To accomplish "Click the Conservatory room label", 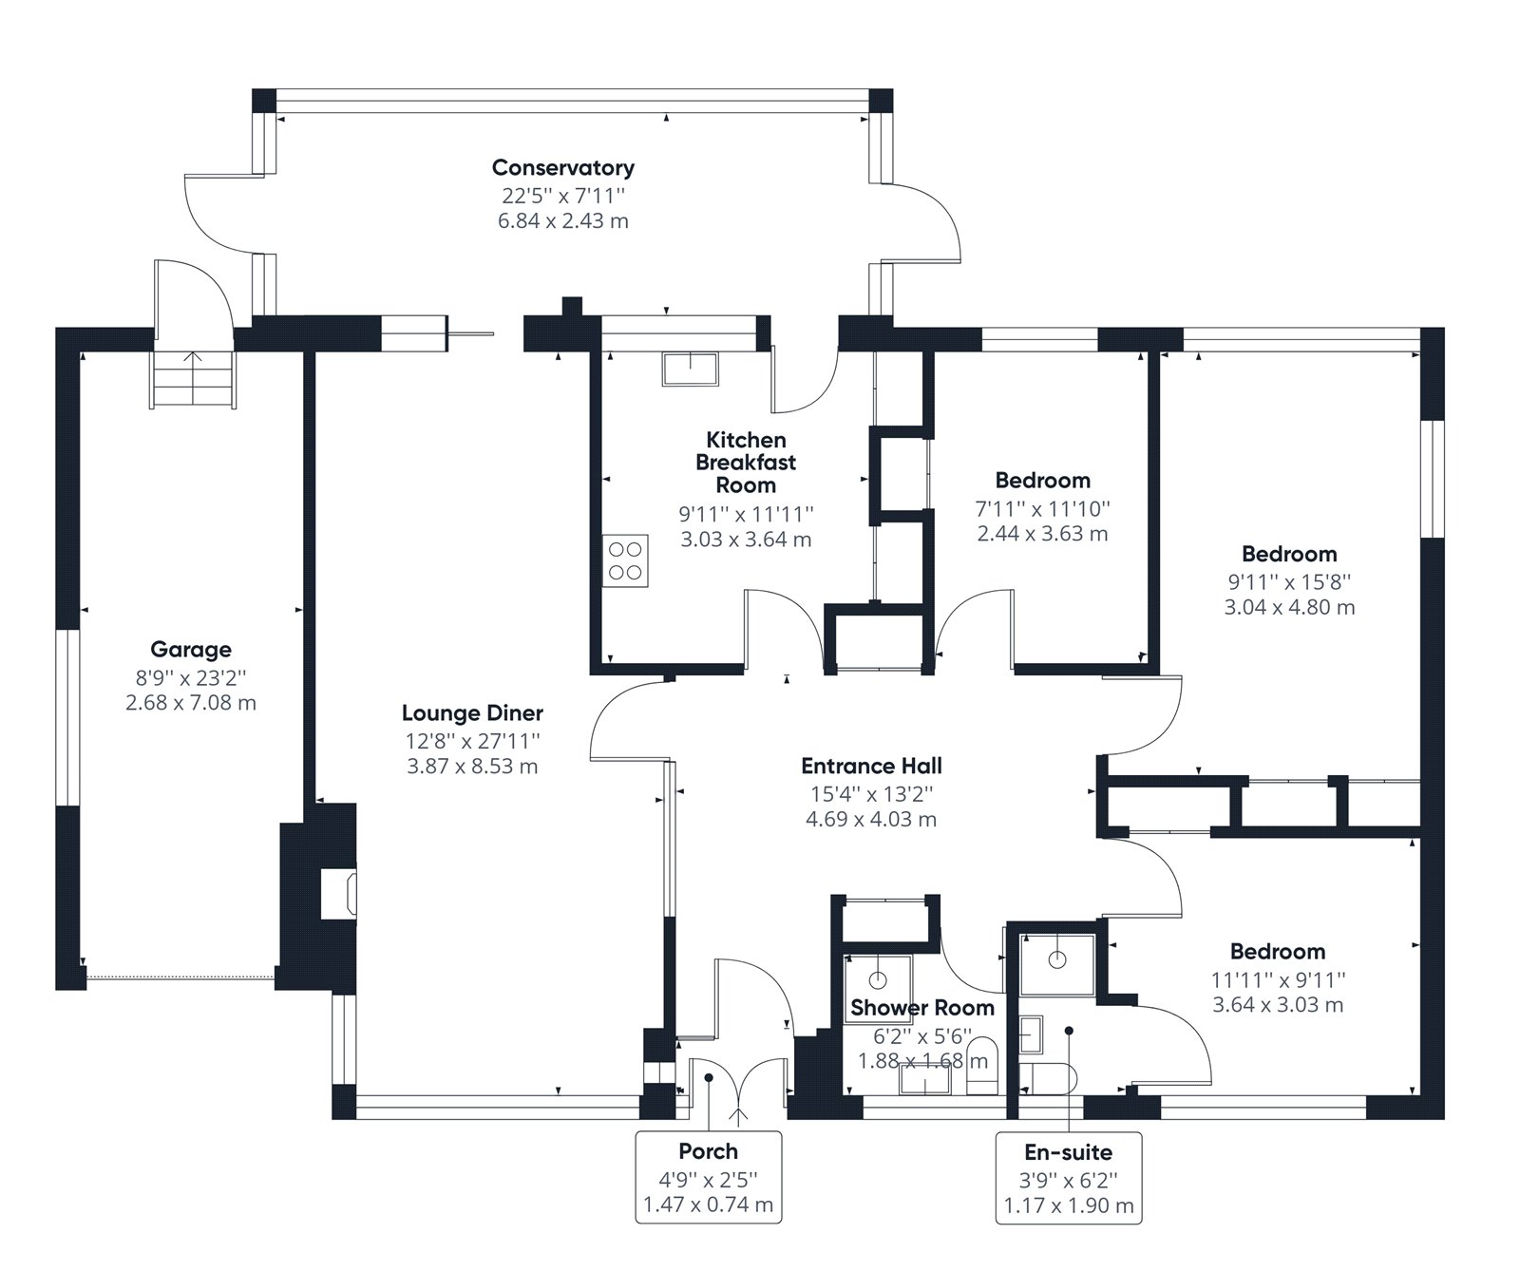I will click(562, 168).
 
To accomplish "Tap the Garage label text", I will click(190, 650).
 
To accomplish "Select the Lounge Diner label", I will click(472, 713).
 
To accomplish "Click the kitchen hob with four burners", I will click(626, 560).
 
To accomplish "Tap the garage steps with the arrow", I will click(193, 379).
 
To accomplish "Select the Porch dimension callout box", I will click(708, 1178).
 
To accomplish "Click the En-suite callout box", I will click(1069, 1178).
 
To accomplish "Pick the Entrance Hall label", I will click(871, 767).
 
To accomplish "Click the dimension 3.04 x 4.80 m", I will click(1289, 607).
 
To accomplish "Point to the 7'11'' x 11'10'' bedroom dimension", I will click(1042, 508).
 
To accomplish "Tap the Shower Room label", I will click(921, 1008).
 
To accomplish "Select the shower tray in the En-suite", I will click(1056, 962).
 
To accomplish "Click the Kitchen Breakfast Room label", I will click(746, 463).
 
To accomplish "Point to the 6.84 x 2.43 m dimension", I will click(562, 221).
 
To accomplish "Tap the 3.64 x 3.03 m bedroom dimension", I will click(1278, 1005).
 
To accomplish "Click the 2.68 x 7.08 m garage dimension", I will click(190, 703).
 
